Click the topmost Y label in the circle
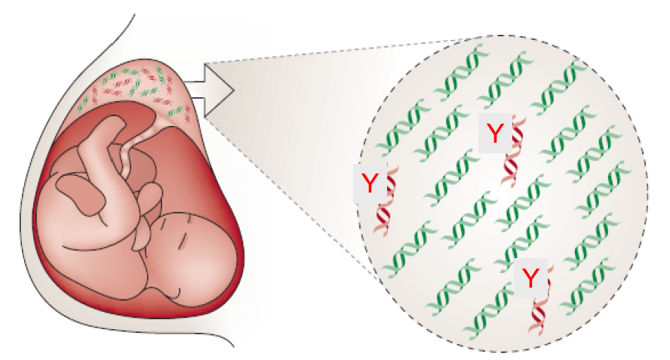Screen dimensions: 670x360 coord(495,133)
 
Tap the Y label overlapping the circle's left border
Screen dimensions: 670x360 coord(370,183)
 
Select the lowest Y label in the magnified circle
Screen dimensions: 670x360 coord(530,278)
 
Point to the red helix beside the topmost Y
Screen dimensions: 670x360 coord(515,152)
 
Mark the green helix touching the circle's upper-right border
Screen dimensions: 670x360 coord(558,85)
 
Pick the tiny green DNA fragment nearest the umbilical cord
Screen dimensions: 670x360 coord(176,112)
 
